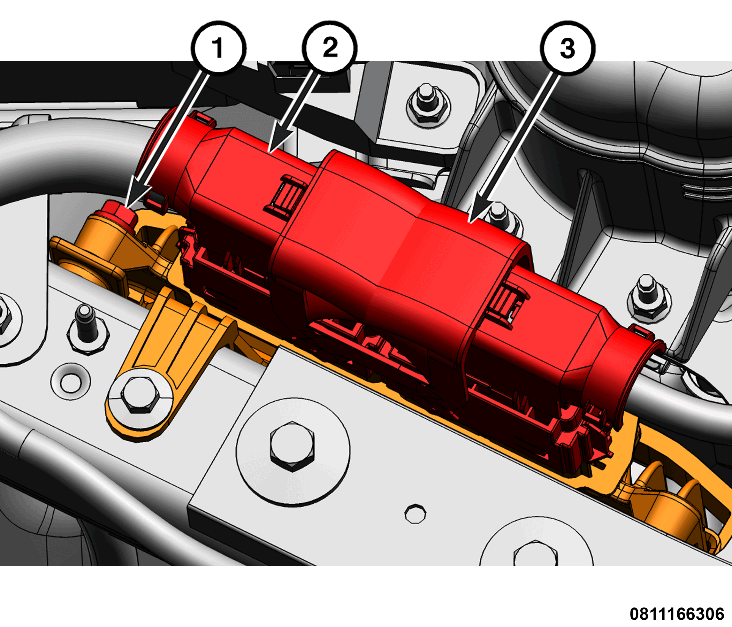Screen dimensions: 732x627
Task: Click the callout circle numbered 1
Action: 218,48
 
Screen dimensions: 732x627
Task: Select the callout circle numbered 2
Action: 330,48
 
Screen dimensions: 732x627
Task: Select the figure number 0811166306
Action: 677,614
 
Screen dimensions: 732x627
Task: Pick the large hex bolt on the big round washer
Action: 292,446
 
